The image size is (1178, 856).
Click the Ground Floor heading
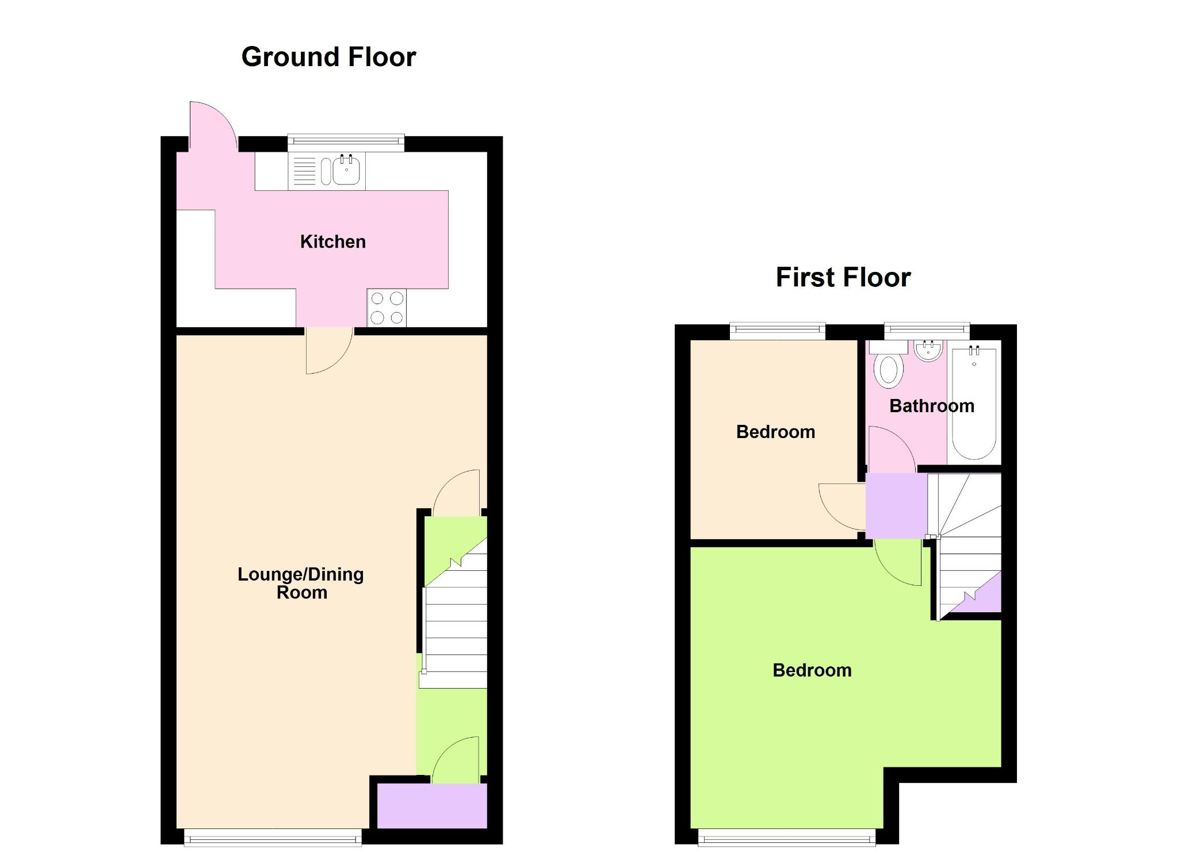328,57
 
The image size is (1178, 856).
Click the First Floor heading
843,277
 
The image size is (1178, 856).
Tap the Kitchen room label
332,241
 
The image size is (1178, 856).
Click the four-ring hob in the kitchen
387,308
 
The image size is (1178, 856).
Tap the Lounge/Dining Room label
301,583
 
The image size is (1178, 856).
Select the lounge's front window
273,838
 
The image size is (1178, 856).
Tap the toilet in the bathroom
889,368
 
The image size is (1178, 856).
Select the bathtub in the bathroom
974,402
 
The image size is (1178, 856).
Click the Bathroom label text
931,406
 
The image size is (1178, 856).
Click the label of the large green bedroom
812,670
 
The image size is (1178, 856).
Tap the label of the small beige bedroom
775,432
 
